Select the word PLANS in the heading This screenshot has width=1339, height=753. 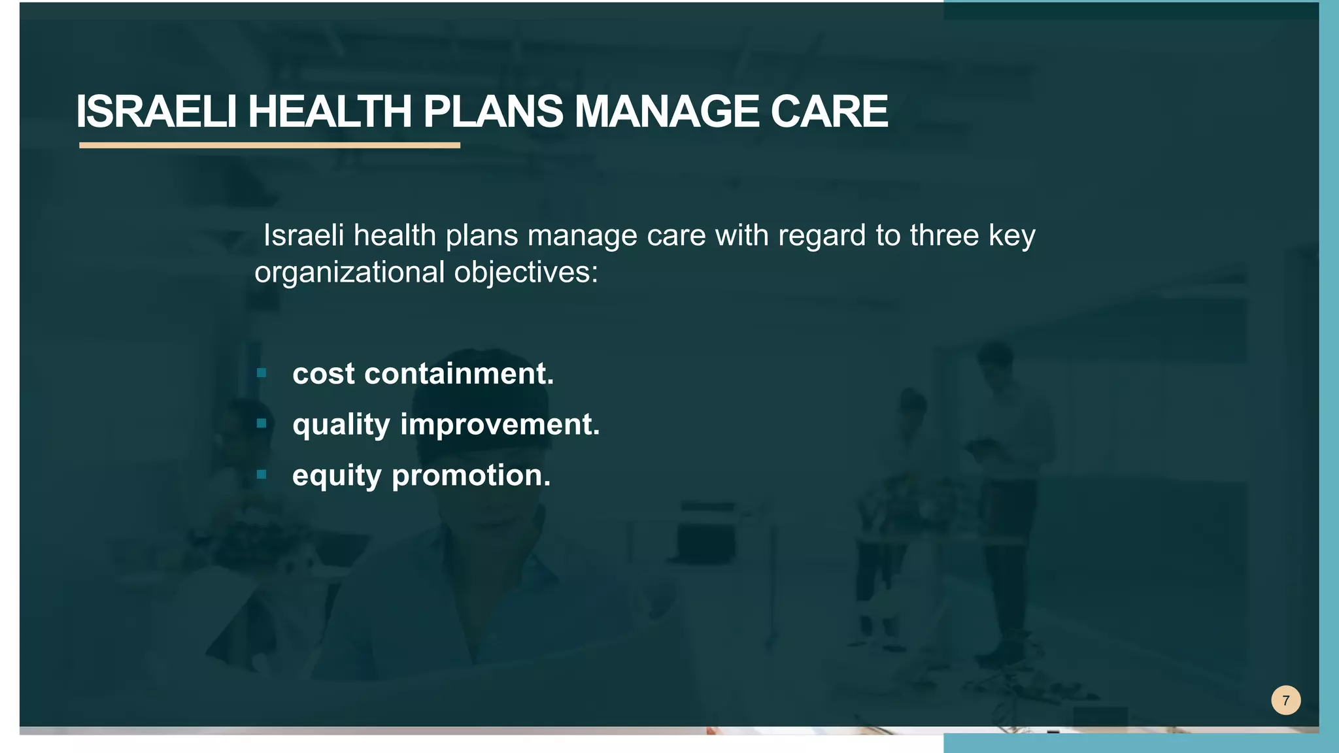coord(492,111)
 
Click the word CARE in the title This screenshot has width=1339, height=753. coord(828,111)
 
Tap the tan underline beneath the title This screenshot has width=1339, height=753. coord(269,145)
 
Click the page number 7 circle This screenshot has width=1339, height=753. coord(1285,701)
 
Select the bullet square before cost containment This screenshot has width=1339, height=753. coord(262,373)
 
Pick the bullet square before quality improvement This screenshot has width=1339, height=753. coord(262,424)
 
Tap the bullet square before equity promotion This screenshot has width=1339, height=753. coord(262,475)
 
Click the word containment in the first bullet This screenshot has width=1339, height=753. coord(458,374)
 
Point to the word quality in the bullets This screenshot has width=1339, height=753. coord(341,425)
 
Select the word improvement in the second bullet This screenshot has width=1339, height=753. coord(500,425)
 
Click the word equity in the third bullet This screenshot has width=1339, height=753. coord(336,476)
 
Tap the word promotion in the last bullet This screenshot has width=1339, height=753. coord(471,476)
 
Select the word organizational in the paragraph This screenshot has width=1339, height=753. coord(350,273)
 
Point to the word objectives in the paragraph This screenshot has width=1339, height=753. coord(526,273)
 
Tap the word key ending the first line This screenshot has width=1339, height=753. coord(1011,235)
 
